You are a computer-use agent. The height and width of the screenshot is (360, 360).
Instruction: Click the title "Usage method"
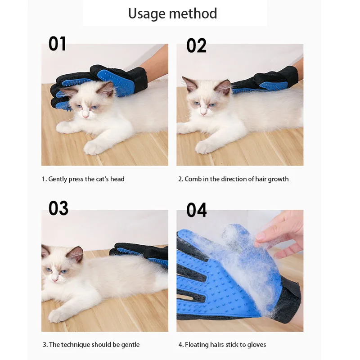172,13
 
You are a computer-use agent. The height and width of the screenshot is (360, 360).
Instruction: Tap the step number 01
57,44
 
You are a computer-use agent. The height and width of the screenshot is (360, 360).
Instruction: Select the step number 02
196,46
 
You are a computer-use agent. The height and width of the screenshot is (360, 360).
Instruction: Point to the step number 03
58,208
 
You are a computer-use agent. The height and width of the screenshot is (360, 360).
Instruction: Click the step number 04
197,210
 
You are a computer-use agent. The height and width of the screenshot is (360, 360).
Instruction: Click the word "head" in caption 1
117,179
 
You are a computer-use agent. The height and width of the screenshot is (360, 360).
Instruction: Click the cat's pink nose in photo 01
85,116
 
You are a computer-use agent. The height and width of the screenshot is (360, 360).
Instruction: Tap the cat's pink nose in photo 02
203,113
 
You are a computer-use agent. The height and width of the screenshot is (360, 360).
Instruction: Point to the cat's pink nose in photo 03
55,279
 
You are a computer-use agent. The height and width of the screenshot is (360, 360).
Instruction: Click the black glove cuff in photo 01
138,79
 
